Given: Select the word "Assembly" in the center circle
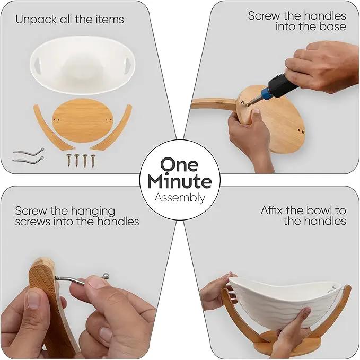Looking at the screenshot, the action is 180,198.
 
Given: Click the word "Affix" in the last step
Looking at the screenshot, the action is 271,210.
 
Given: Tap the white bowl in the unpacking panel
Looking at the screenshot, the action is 82,65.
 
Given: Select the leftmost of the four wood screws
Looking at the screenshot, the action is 68,160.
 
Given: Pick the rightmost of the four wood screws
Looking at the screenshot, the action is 93,161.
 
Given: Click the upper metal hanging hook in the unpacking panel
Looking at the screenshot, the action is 29,152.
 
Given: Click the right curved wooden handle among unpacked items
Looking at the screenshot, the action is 112,128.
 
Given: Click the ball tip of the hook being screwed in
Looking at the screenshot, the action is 106,276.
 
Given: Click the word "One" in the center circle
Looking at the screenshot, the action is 179,164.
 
